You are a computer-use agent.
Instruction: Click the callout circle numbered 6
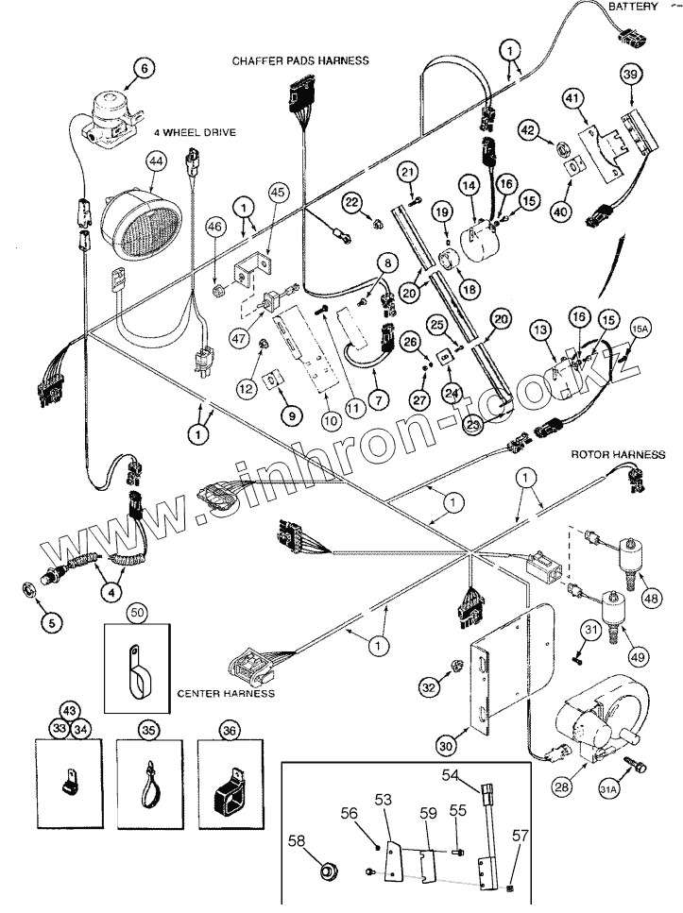tap(145, 68)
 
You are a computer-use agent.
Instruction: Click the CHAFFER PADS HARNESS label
tap(300, 60)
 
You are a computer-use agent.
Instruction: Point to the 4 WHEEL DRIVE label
tap(197, 133)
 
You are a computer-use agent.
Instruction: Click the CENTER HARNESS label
tap(226, 693)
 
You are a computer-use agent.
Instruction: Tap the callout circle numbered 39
tap(631, 75)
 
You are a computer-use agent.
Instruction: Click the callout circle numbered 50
tap(138, 614)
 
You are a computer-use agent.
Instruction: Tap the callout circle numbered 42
tap(528, 130)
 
